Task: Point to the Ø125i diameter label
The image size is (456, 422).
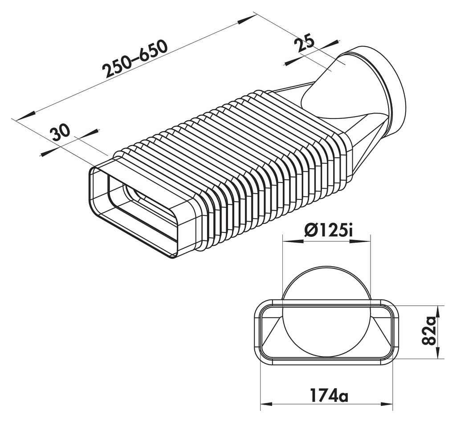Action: point(326,231)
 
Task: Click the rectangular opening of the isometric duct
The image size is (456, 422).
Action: point(134,209)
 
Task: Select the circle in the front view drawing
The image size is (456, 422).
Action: point(326,312)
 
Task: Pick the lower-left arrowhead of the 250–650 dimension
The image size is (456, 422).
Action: point(24,116)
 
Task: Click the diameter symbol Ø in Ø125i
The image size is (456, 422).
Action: point(310,231)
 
